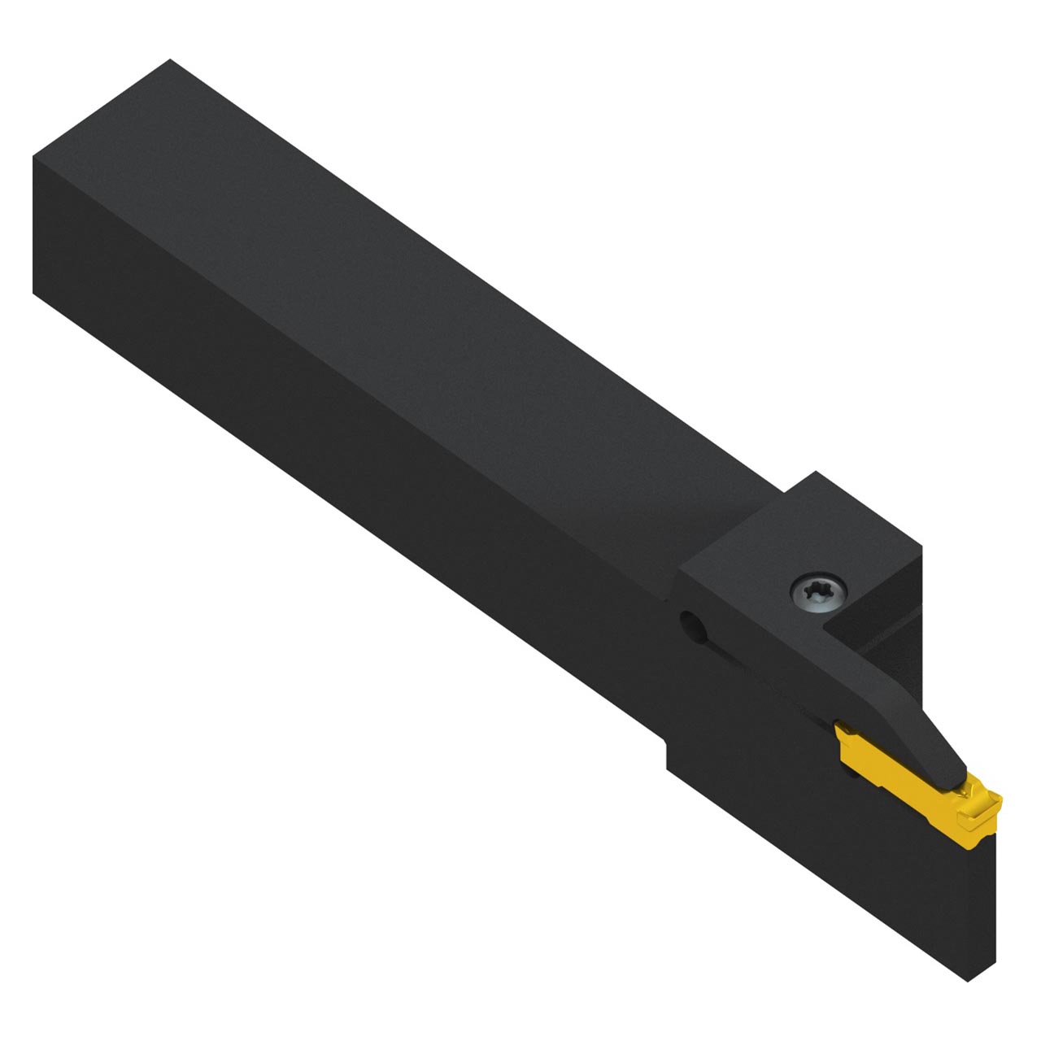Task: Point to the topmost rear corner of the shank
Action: [x=170, y=60]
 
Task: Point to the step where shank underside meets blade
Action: [x=667, y=744]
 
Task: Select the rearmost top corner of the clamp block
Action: [x=816, y=473]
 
